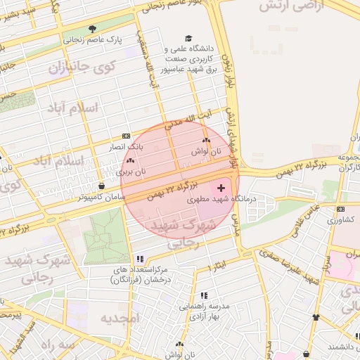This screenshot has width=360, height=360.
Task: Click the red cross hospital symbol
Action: pyautogui.click(x=222, y=188)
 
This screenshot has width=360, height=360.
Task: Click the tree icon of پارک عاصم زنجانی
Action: pyautogui.click(x=92, y=29)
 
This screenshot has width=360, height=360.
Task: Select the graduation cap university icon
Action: pyautogui.click(x=188, y=38)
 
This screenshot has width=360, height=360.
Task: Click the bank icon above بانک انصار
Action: pyautogui.click(x=126, y=136)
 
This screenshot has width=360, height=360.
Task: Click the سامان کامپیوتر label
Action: pyautogui.click(x=103, y=198)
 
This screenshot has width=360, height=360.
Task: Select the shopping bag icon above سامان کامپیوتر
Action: pyautogui.click(x=103, y=186)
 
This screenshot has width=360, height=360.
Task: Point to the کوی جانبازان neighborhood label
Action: pyautogui.click(x=77, y=69)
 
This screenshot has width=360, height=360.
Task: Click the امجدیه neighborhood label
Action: pyautogui.click(x=120, y=319)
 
